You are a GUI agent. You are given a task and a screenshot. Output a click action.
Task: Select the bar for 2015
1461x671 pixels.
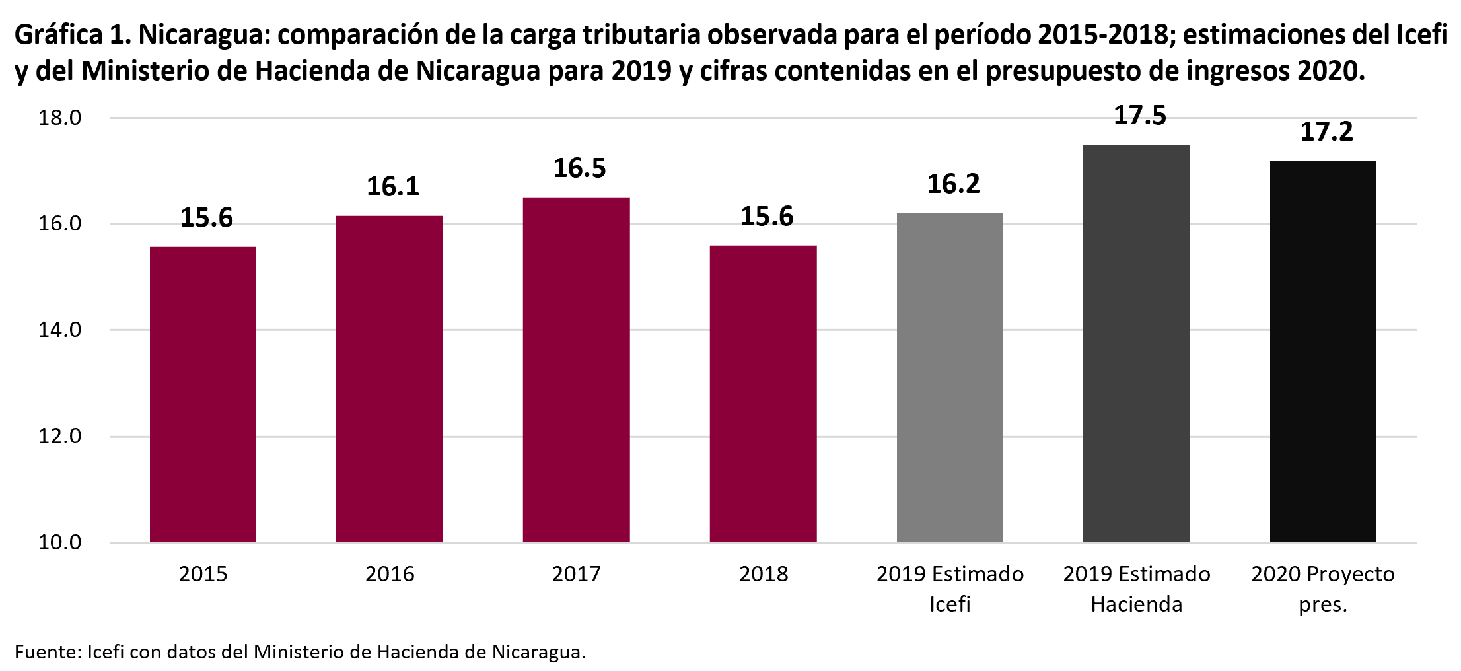click(203, 394)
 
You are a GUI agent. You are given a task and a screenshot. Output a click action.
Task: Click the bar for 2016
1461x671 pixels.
click(389, 378)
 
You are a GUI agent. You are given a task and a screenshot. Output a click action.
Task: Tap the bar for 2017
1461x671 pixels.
click(576, 370)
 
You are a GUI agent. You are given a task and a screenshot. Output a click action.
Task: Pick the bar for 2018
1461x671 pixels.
click(763, 394)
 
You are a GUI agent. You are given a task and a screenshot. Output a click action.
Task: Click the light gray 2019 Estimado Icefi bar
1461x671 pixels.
click(950, 377)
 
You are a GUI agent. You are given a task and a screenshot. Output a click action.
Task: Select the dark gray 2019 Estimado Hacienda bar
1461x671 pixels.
click(1136, 343)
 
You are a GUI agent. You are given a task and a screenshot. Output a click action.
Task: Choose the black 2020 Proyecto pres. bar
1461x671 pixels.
click(1323, 351)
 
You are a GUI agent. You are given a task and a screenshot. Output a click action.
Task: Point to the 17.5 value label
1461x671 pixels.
click(1140, 116)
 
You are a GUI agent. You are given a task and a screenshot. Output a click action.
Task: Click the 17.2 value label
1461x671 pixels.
click(1326, 132)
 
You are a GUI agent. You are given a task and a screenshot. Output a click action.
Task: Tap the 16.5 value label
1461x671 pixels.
click(579, 168)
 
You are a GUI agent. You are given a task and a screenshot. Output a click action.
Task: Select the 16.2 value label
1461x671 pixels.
click(953, 184)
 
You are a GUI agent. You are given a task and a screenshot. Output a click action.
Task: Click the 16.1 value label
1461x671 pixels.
click(393, 187)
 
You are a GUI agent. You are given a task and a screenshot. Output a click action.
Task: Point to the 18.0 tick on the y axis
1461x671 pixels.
click(59, 118)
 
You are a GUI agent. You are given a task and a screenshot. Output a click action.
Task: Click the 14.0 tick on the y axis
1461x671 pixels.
click(59, 330)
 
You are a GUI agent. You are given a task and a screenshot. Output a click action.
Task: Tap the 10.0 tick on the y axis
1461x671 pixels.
click(59, 543)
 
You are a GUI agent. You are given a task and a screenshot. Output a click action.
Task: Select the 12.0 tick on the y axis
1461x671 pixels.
click(59, 437)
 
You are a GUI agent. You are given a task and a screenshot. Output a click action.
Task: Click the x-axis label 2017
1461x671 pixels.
click(576, 574)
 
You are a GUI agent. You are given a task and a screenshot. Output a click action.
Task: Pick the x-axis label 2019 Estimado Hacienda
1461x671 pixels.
click(1136, 588)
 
